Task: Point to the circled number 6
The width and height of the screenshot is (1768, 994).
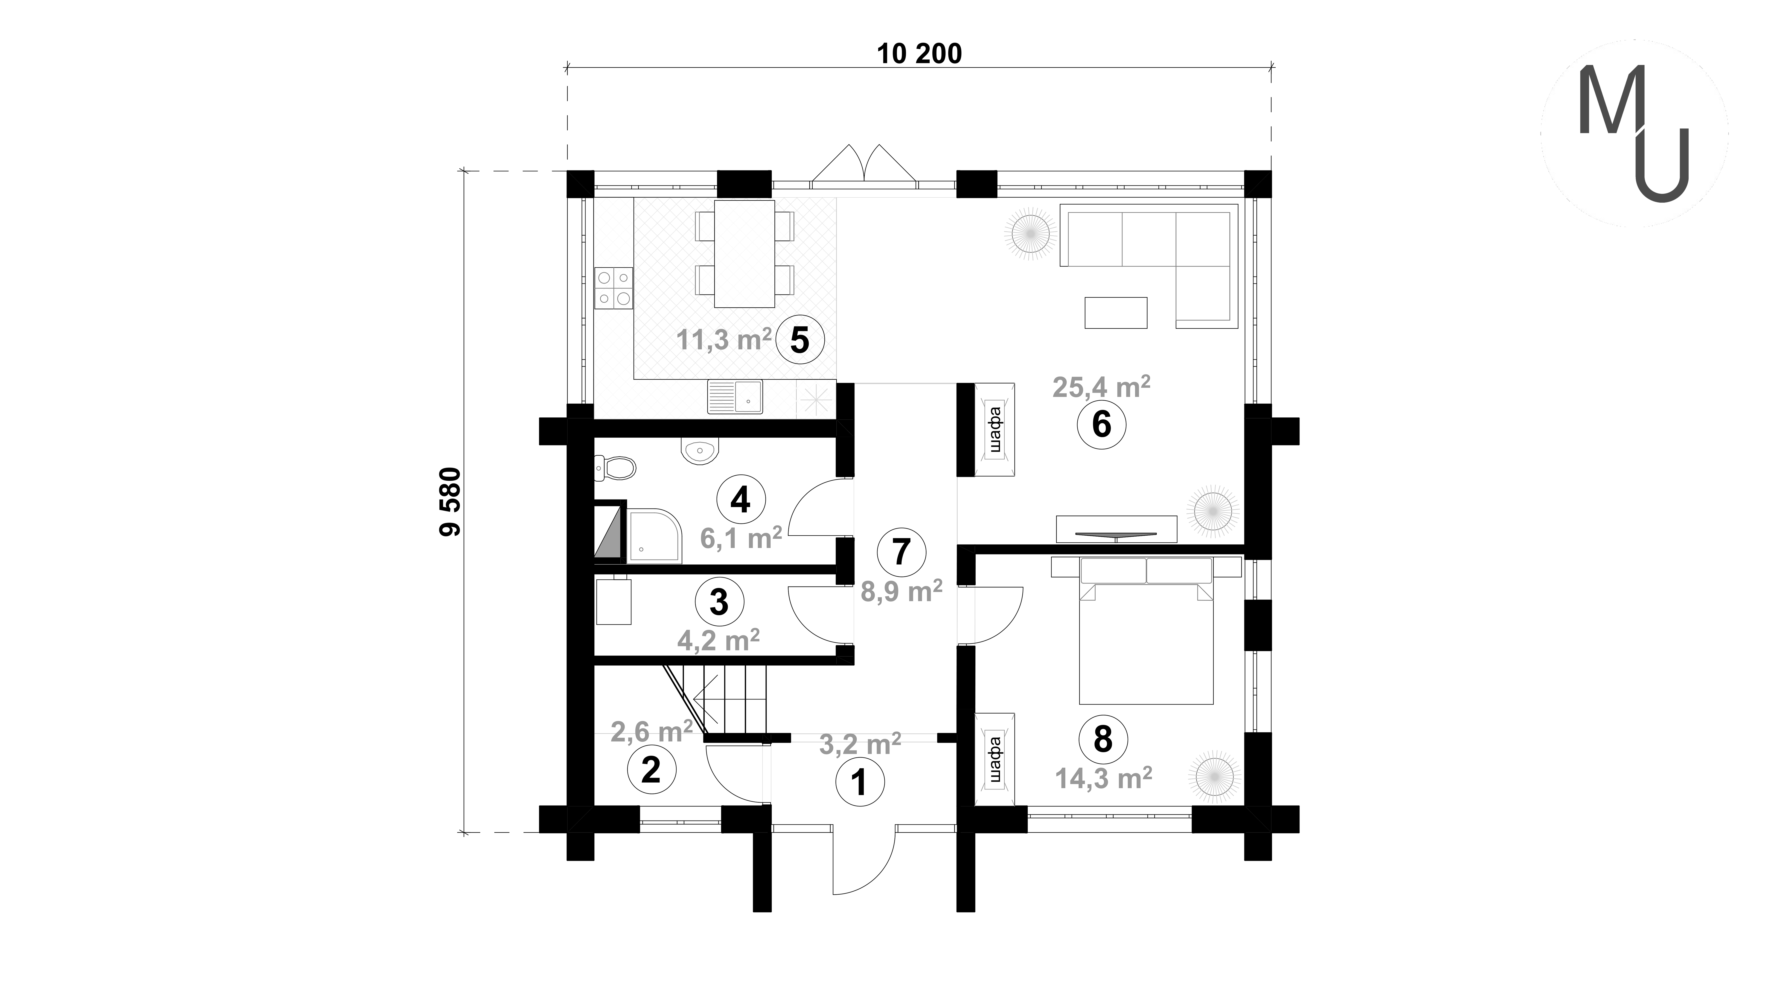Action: point(1101,425)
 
